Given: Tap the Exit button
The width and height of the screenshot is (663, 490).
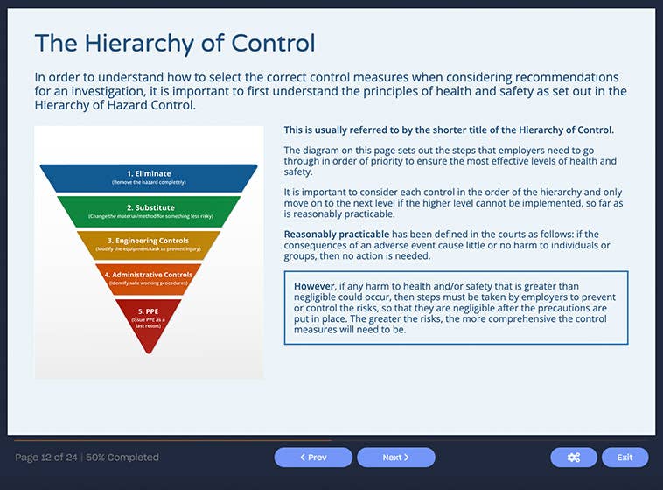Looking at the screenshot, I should pyautogui.click(x=625, y=458).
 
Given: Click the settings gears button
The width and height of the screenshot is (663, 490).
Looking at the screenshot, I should pyautogui.click(x=573, y=458).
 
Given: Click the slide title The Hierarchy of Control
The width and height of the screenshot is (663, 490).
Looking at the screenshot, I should pyautogui.click(x=174, y=43).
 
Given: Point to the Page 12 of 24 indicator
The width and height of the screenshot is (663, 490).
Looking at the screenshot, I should pyautogui.click(x=47, y=458).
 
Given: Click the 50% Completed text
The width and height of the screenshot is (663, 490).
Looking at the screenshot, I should pyautogui.click(x=123, y=458).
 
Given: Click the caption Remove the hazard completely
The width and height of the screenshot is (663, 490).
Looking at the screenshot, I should pyautogui.click(x=149, y=183).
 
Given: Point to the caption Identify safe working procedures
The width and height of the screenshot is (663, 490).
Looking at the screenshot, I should pyautogui.click(x=149, y=284).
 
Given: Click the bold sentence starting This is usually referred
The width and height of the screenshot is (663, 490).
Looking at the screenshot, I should pyautogui.click(x=449, y=129).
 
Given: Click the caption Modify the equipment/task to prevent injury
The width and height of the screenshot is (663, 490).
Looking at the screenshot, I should pyautogui.click(x=149, y=249).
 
